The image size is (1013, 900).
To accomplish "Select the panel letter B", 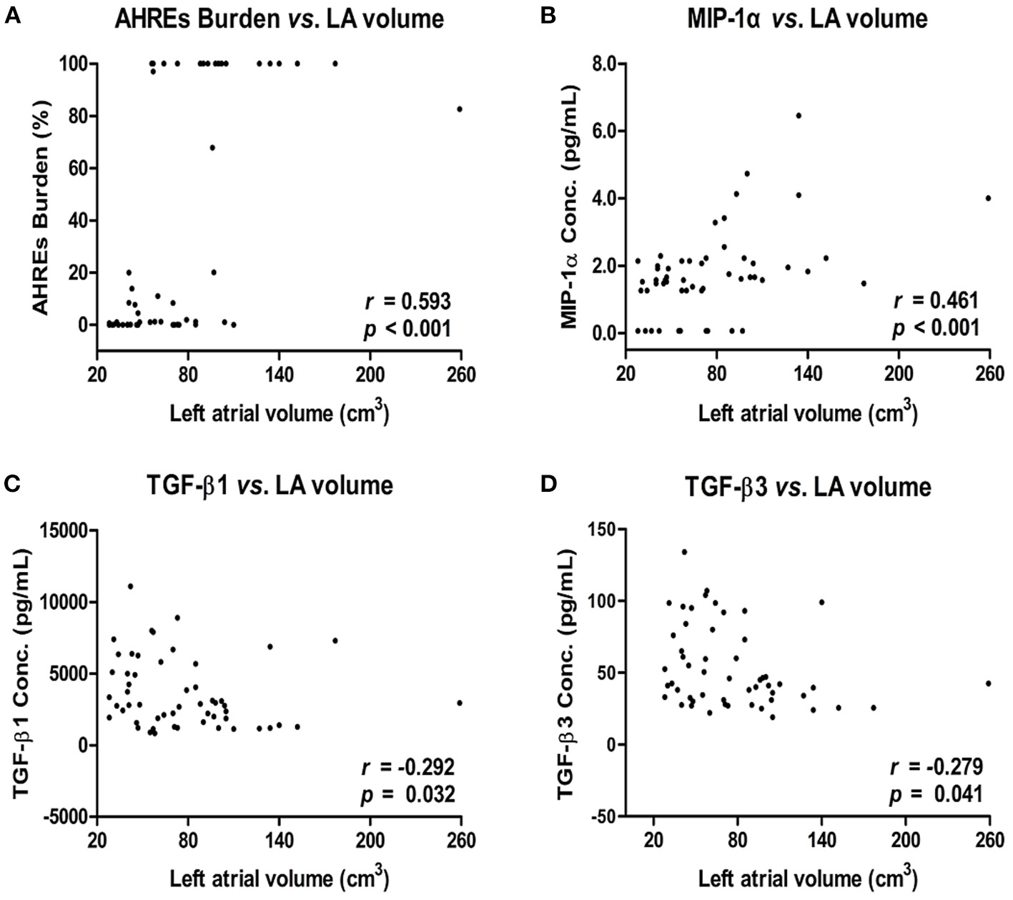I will [547, 16].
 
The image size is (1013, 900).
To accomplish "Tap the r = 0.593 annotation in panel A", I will [408, 302].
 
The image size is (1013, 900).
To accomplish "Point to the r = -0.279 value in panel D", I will [937, 766].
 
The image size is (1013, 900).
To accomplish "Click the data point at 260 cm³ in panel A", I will [460, 109].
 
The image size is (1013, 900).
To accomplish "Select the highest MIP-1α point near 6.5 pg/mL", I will [799, 115].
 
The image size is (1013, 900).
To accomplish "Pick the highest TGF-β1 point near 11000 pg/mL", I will [130, 586].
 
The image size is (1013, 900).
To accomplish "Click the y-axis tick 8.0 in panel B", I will [603, 64].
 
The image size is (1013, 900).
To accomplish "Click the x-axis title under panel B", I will [808, 412].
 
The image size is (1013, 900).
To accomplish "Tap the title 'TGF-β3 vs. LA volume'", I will [808, 487].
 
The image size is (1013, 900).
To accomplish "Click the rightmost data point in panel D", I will [989, 683].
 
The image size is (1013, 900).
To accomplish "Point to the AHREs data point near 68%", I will [212, 148].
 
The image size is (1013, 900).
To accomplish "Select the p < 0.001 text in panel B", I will [936, 328].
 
